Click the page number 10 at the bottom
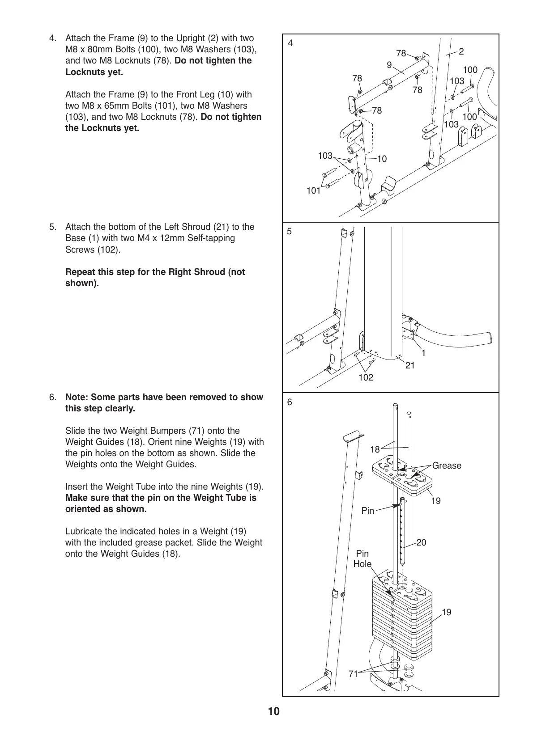point(274,711)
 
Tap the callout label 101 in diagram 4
point(313,191)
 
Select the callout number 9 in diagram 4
point(389,65)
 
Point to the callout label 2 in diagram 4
point(461,51)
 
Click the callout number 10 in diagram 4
point(382,159)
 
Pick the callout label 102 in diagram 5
point(366,377)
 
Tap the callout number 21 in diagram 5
point(410,365)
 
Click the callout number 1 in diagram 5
point(423,353)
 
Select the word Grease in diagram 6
point(447,465)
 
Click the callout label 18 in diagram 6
point(375,449)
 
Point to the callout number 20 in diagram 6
point(421,542)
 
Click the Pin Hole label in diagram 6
point(362,558)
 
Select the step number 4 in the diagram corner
point(291,43)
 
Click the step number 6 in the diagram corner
point(290,402)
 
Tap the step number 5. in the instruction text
point(53,227)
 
